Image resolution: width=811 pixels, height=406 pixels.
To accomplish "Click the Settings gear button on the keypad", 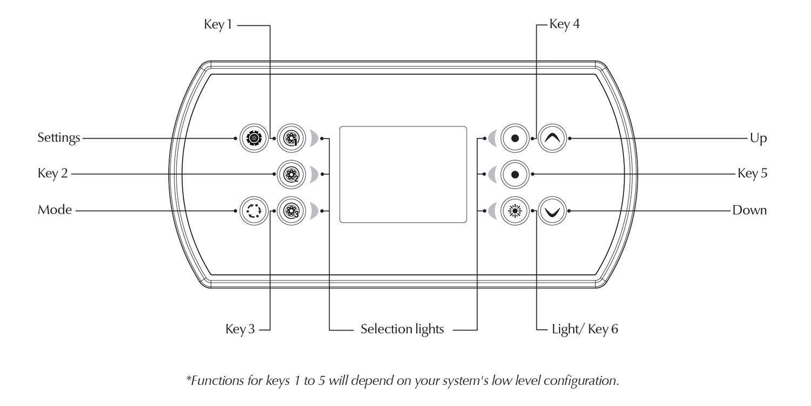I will [x=252, y=139].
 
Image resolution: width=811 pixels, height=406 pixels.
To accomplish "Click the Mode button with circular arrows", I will [x=252, y=210].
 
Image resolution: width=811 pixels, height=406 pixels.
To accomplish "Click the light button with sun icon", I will [x=515, y=210].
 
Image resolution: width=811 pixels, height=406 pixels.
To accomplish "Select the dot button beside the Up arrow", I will [x=515, y=139].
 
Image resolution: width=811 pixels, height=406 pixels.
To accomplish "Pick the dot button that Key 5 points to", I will [x=515, y=174].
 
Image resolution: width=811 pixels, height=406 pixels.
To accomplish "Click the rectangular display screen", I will [x=403, y=174].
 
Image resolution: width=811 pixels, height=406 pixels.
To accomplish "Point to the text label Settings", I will [x=58, y=139].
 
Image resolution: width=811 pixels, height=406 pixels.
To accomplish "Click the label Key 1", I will [x=218, y=24].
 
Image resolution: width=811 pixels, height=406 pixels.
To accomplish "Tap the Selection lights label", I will [x=402, y=329].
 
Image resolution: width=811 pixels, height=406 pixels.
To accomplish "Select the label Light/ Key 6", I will [x=585, y=329].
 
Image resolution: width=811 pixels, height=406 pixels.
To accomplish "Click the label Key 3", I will [x=240, y=329].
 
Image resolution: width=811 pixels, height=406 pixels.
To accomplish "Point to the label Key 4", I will [x=564, y=24].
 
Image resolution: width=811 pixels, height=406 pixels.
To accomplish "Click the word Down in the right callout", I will [x=749, y=210].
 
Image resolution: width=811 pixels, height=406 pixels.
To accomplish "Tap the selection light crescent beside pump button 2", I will [x=314, y=174].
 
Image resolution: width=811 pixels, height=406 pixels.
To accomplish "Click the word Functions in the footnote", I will [x=211, y=381].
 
